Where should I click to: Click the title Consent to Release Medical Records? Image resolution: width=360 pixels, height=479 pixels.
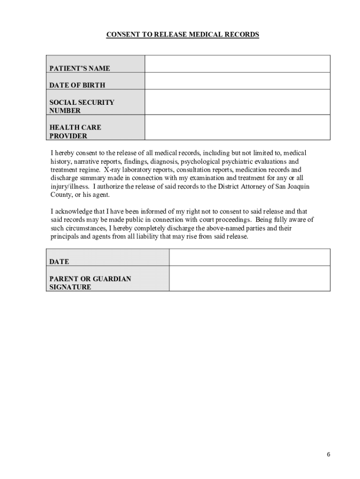(x=182, y=35)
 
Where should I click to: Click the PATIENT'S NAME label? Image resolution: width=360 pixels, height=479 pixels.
(x=80, y=68)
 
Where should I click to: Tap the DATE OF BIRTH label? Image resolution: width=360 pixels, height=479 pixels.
(x=77, y=85)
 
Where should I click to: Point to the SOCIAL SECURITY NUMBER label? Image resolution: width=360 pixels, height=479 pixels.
(x=82, y=106)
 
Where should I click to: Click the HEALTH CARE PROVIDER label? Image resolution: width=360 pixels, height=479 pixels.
(x=75, y=131)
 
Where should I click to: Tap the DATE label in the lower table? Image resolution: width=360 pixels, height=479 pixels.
(x=59, y=262)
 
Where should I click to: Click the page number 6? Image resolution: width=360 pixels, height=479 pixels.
(x=329, y=455)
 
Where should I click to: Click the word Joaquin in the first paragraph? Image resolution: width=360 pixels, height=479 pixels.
(x=297, y=187)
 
